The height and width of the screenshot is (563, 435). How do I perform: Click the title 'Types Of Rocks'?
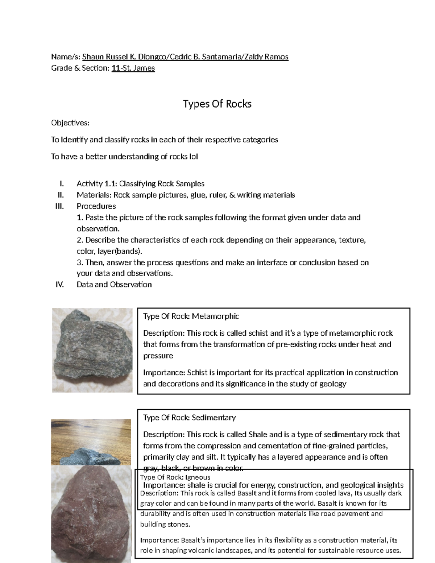point(217,104)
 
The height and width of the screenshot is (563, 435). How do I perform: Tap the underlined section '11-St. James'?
point(133,68)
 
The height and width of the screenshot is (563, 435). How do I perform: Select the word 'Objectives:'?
point(70,123)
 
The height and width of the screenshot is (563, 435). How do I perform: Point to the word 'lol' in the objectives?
point(193,157)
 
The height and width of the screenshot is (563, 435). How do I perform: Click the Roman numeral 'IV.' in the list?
point(59,285)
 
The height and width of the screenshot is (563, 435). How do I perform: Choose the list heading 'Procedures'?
point(96,206)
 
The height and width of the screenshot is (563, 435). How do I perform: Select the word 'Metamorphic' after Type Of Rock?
point(215,316)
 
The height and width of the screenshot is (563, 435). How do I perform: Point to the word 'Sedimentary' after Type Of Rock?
point(214,418)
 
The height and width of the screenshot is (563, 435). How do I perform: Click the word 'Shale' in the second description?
point(258,434)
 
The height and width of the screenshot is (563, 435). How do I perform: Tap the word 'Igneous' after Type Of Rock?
point(198,477)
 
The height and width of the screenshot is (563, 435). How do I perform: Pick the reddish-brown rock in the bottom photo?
point(91,515)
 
